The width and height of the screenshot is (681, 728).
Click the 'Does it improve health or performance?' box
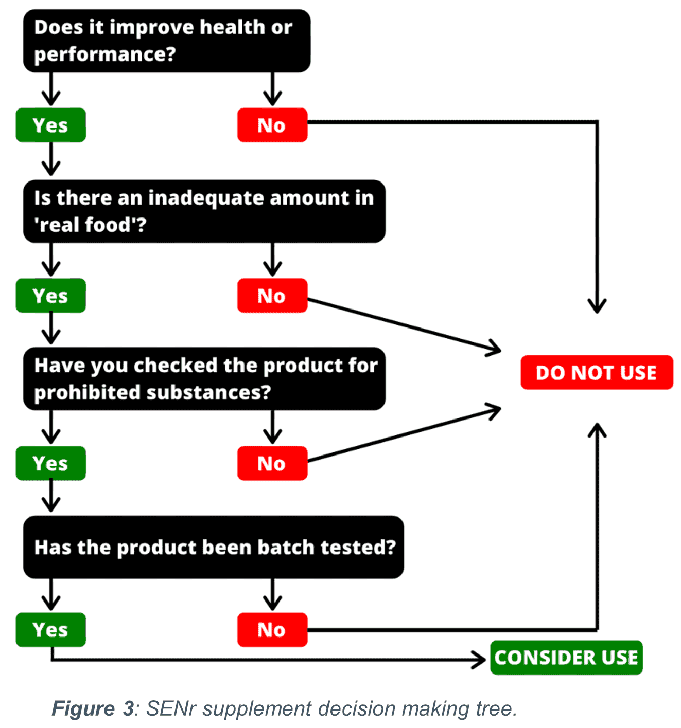point(167,41)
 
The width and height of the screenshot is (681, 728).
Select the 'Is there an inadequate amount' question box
point(204,211)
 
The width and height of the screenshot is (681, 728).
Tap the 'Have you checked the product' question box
point(204,378)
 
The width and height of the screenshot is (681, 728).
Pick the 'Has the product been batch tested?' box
point(213,547)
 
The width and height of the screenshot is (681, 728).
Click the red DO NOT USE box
point(597,372)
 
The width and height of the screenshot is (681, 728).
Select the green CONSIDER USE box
point(566,658)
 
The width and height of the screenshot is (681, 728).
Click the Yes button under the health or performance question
point(50,125)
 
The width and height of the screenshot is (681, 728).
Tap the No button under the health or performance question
point(272,125)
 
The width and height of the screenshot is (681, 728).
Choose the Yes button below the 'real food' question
point(50,296)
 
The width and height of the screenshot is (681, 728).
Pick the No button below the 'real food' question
point(272,296)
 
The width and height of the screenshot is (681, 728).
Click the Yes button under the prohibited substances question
point(50,463)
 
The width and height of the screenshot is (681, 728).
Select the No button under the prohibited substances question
point(272,463)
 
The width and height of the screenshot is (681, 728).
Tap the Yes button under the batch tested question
point(50,630)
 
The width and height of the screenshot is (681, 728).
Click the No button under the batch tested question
point(272,630)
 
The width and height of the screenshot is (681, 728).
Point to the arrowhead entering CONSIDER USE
point(480,660)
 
